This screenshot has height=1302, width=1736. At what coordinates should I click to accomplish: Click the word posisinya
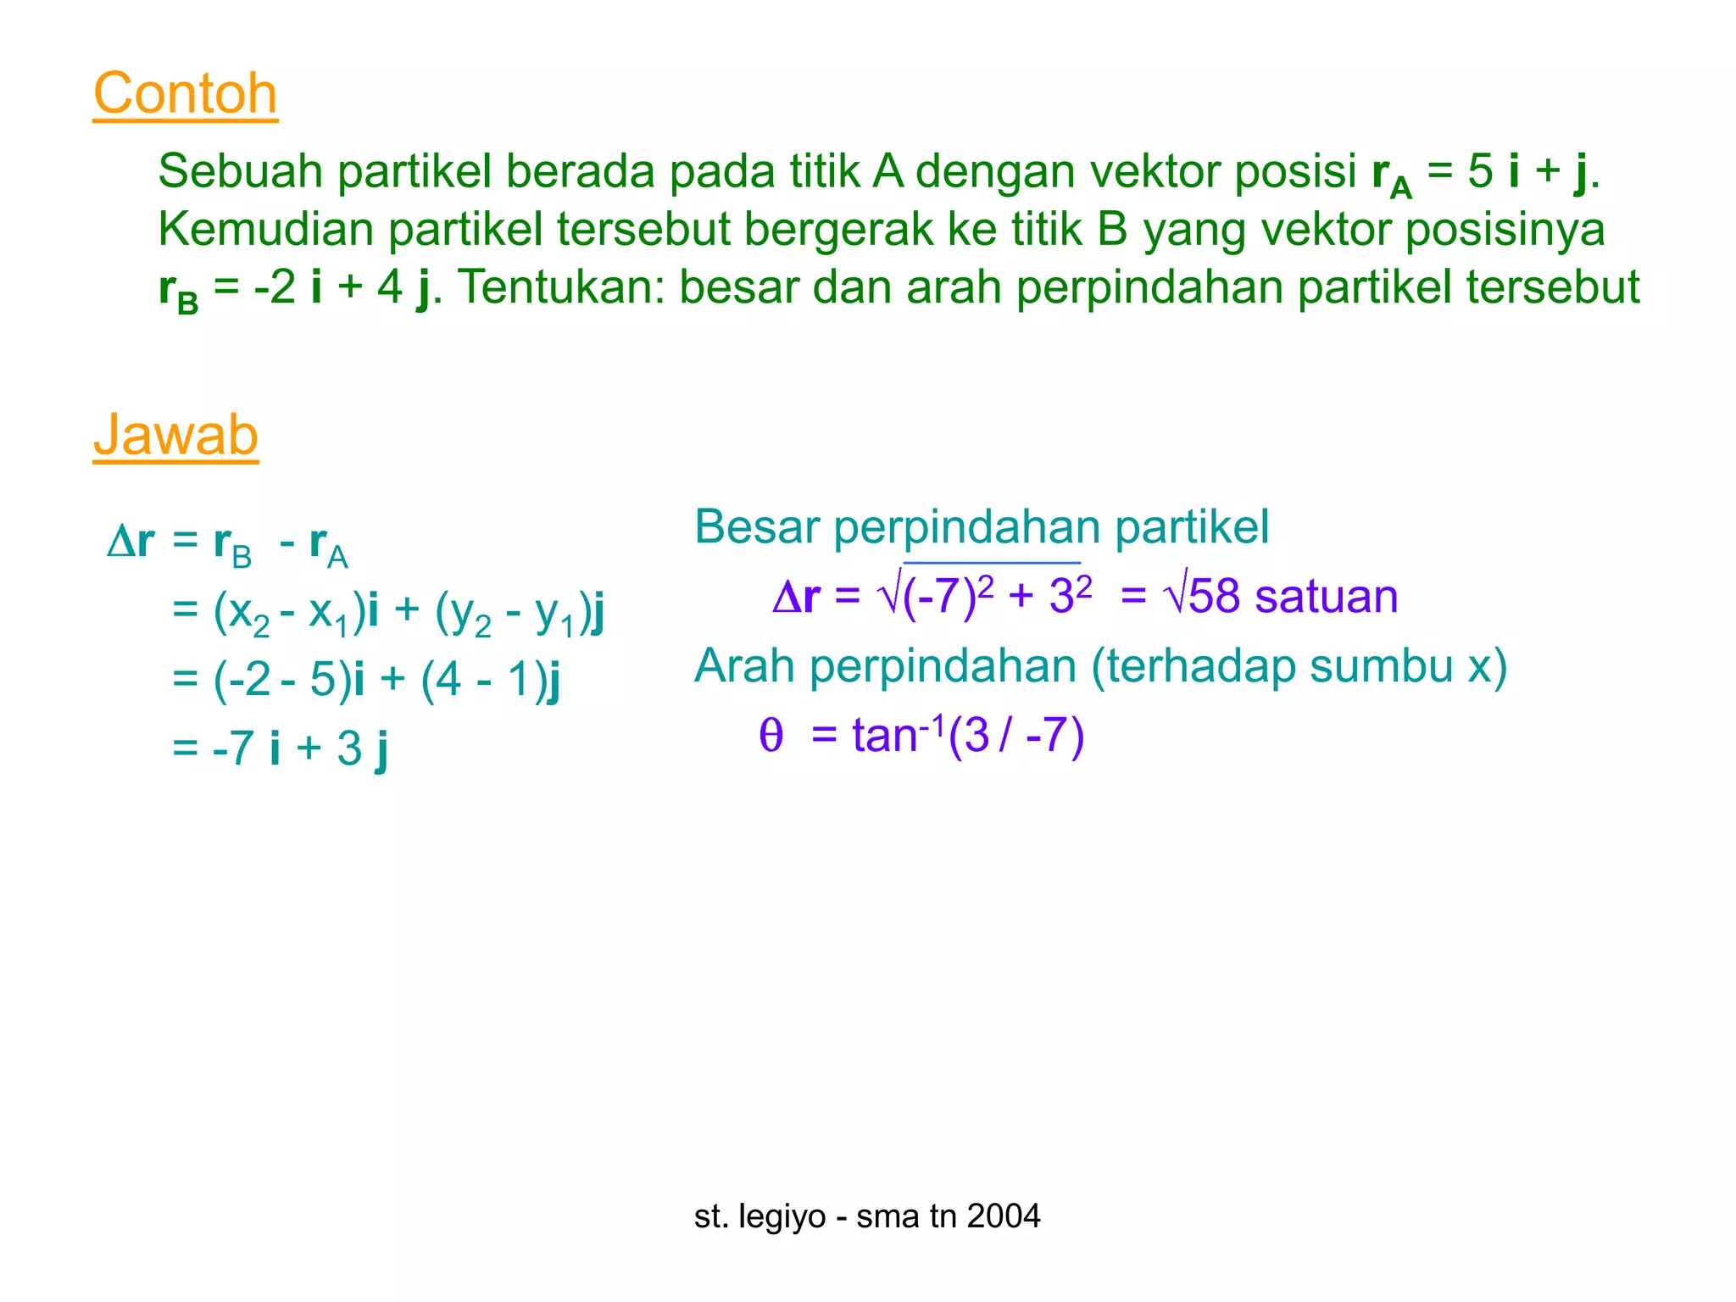[x=1505, y=230]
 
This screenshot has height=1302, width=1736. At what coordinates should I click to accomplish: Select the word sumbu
[x=1380, y=665]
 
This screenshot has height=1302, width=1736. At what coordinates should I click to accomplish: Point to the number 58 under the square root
[x=1214, y=596]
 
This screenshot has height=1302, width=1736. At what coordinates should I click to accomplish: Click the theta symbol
[x=771, y=735]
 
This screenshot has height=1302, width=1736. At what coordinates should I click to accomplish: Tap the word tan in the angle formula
[x=884, y=735]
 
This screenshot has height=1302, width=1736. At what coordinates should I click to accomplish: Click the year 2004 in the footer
[x=1004, y=1216]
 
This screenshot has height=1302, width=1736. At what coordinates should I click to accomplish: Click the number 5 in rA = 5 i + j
[x=1479, y=171]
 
